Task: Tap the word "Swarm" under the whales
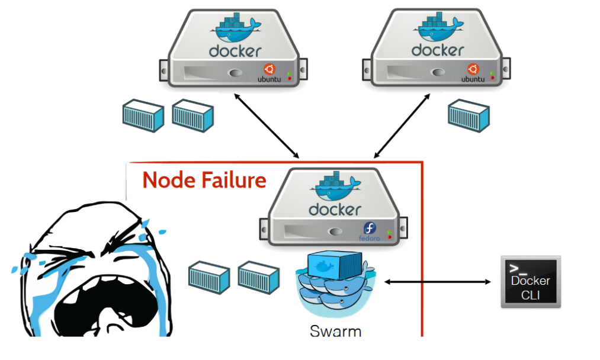click(335, 330)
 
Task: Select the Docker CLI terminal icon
click(530, 282)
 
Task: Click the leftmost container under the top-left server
click(143, 115)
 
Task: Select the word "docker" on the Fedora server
click(335, 210)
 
